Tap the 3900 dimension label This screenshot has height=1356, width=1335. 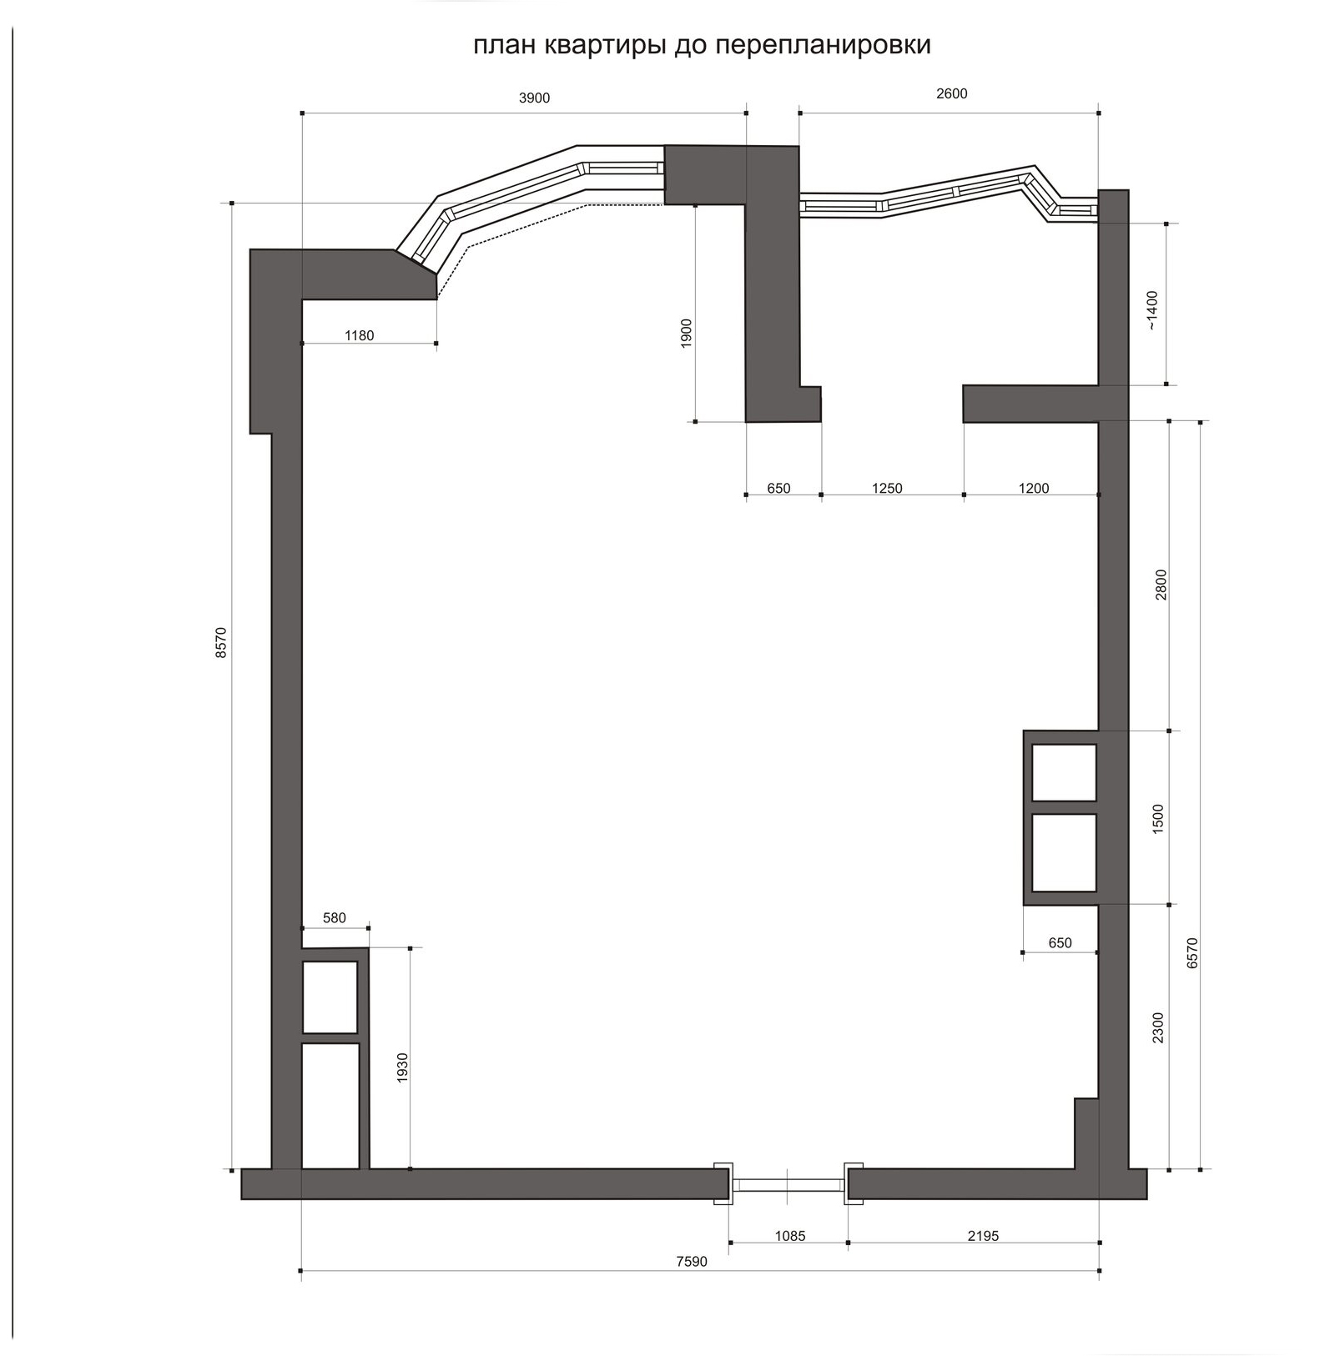point(535,98)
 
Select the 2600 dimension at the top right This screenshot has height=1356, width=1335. point(951,94)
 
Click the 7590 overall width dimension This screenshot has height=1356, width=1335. point(691,1262)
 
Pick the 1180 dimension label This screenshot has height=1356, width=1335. point(359,336)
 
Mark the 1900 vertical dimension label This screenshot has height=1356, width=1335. point(687,333)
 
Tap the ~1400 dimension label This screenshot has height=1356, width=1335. point(1152,310)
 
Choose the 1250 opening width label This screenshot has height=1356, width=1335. point(887,489)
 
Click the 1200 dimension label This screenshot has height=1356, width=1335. point(1034,489)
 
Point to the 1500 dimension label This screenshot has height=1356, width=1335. point(1157,820)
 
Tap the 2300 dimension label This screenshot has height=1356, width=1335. point(1157,1028)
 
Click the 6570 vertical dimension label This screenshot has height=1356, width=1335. point(1192,953)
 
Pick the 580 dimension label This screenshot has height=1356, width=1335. point(334,918)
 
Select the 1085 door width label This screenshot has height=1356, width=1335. point(790,1236)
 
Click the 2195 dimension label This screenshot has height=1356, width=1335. point(983,1236)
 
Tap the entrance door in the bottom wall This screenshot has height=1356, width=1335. point(788,1184)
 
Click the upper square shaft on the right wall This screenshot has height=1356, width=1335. point(1064,773)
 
